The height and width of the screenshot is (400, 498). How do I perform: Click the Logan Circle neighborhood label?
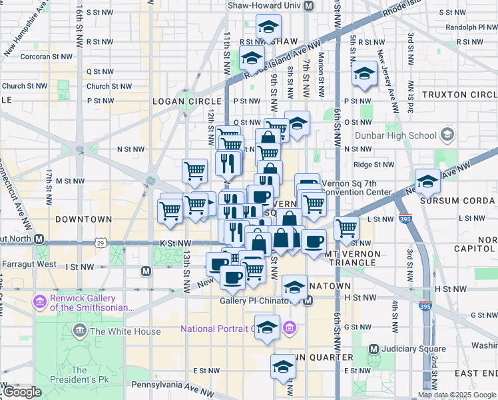tap(183, 101)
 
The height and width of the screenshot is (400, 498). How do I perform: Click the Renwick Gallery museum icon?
tap(40, 303)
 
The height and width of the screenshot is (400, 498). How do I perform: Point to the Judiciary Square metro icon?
tap(373, 349)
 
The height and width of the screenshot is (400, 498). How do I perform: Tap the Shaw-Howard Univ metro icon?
tap(308, 5)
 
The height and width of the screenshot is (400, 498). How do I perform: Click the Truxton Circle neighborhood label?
tap(458, 95)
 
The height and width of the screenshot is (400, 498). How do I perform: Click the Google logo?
tap(21, 392)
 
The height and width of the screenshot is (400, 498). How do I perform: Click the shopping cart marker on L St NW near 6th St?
tap(346, 228)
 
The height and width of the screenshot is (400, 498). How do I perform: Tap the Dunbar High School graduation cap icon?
tap(447, 135)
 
